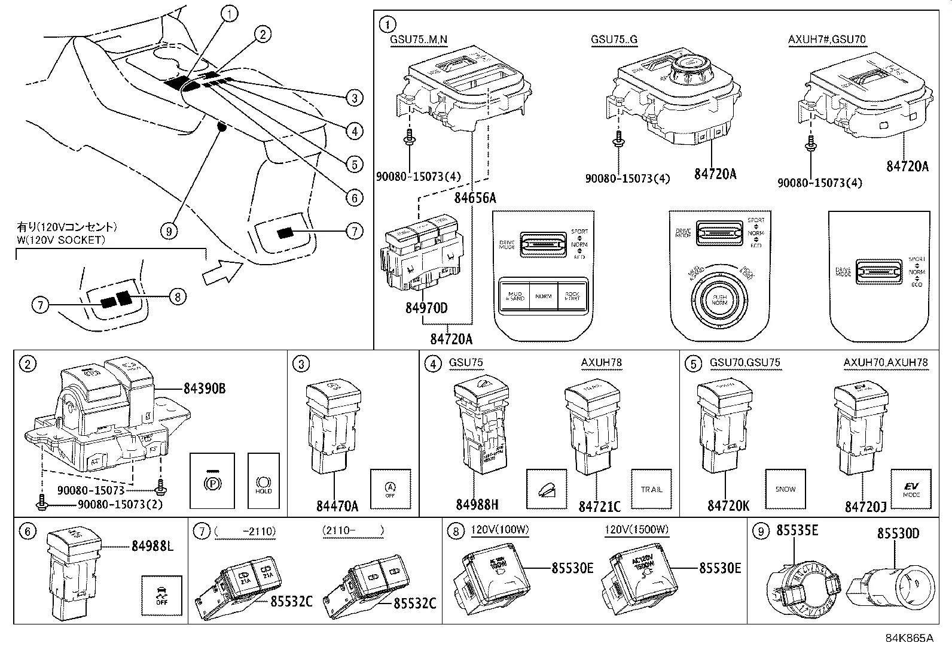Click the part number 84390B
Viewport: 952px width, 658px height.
[204, 389]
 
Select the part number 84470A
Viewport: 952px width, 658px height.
[337, 507]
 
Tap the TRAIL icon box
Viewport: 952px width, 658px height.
[652, 489]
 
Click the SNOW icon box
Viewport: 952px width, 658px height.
[785, 489]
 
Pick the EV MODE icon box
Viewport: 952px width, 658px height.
[911, 489]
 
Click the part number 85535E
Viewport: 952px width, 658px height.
[797, 530]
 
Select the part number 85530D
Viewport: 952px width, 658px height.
[898, 533]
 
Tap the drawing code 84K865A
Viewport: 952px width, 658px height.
[909, 638]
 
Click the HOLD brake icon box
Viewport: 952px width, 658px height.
[263, 481]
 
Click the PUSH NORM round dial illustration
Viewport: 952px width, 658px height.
[719, 299]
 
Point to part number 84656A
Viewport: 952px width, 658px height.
[475, 198]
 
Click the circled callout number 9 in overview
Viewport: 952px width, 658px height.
[169, 231]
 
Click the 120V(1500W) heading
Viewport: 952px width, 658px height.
[636, 530]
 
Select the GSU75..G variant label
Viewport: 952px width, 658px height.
[614, 40]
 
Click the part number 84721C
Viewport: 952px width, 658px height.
[599, 507]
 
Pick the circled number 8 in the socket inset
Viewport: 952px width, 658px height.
[178, 296]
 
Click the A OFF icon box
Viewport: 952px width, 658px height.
[390, 489]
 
